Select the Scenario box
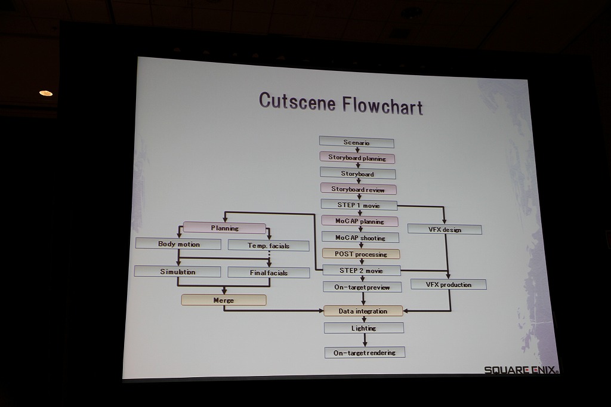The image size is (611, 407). [356, 143]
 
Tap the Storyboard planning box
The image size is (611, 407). [357, 158]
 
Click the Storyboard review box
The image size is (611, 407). [358, 189]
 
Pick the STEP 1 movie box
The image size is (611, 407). [359, 205]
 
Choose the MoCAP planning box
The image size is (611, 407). [360, 221]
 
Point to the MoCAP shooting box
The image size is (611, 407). [360, 238]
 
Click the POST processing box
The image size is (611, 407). [361, 254]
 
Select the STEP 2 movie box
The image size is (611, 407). [361, 270]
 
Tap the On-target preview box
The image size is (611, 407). [362, 287]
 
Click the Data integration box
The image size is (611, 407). [363, 311]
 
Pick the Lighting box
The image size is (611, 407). [364, 328]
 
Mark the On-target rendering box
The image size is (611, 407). [365, 353]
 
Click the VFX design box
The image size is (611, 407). [445, 229]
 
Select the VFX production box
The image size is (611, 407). [449, 285]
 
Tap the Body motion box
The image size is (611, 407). [178, 243]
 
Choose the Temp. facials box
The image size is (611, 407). [269, 245]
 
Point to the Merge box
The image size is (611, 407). [224, 300]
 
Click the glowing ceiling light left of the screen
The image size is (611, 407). [46, 93]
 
